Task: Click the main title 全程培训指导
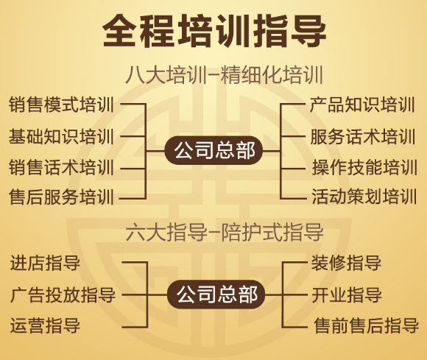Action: click(214, 31)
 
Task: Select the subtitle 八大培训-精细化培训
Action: click(224, 74)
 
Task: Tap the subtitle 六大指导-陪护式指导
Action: click(225, 232)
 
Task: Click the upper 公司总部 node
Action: click(214, 150)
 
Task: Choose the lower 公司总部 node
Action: click(216, 294)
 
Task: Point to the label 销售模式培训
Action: click(61, 105)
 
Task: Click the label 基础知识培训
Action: click(61, 136)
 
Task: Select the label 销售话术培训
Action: click(61, 167)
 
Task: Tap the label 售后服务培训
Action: click(61, 197)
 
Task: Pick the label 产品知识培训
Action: click(362, 105)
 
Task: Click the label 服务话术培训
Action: click(363, 136)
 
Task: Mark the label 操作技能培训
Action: click(364, 167)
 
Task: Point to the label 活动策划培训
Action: click(364, 197)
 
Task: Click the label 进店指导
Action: click(45, 263)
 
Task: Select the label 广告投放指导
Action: click(63, 294)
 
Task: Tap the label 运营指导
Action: click(45, 325)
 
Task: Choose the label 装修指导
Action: click(346, 263)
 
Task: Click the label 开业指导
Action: click(347, 294)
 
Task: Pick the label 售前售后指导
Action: click(366, 325)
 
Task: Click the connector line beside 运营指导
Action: click(135, 327)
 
